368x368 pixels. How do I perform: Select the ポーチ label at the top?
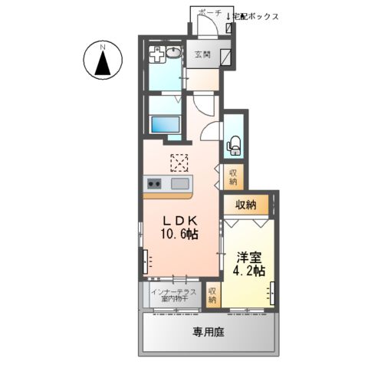pyautogui.click(x=209, y=14)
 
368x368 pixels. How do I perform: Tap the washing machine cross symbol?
pyautogui.click(x=156, y=55)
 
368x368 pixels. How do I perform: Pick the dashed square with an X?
pyautogui.click(x=179, y=163)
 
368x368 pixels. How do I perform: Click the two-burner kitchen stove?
pyautogui.click(x=153, y=184)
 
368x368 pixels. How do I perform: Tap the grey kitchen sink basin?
pyautogui.click(x=180, y=184)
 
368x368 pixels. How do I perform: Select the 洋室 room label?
pyautogui.click(x=248, y=257)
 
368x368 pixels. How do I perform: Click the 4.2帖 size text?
pyautogui.click(x=248, y=271)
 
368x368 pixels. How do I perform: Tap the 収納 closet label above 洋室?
pyautogui.click(x=245, y=205)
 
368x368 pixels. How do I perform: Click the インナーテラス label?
pyautogui.click(x=172, y=291)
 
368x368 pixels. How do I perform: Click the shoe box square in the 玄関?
pyautogui.click(x=227, y=56)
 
